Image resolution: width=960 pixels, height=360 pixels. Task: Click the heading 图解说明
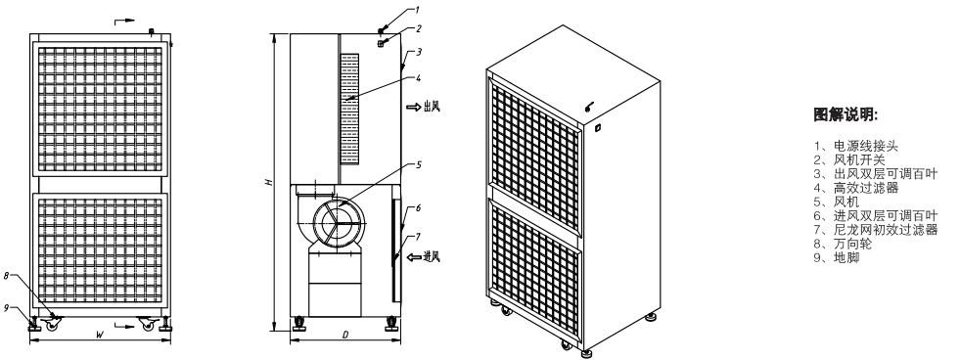pos(845,114)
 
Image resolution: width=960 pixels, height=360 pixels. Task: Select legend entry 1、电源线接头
pos(856,147)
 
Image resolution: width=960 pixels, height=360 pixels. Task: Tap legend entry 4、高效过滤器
pos(856,188)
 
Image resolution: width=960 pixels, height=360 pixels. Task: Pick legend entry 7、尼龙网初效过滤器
pos(876,230)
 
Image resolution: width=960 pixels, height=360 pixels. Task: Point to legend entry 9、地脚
pos(837,257)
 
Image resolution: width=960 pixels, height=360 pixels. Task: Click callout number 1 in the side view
pos(417,10)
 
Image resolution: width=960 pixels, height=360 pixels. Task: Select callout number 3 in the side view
pos(419,52)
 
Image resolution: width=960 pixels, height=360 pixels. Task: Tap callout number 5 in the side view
pos(419,164)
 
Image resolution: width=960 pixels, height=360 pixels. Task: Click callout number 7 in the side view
pos(418,237)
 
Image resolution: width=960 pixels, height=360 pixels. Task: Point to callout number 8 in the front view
pos(6,276)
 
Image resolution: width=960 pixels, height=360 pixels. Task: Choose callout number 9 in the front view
pos(6,308)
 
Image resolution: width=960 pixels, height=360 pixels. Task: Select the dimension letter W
pos(99,335)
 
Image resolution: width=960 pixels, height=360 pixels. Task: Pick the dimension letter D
pos(345,335)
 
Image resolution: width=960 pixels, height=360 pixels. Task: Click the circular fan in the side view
pos(335,222)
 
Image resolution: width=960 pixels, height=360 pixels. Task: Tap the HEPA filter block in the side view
pos(349,109)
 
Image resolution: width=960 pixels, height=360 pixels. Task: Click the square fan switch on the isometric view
pos(598,128)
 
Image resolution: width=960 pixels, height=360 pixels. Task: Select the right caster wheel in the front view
pos(147,324)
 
